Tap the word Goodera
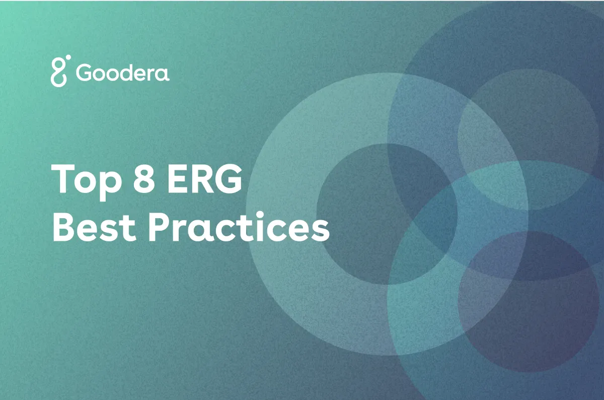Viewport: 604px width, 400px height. [123, 73]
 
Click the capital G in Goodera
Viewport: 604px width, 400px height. [85, 73]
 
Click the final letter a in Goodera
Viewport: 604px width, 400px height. [163, 74]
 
